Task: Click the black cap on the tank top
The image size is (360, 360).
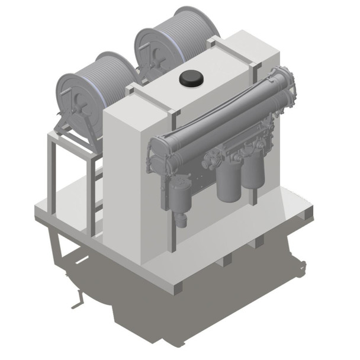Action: tap(191, 78)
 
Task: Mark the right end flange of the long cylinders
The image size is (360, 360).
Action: tap(288, 83)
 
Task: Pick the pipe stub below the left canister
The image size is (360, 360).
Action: tap(181, 219)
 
